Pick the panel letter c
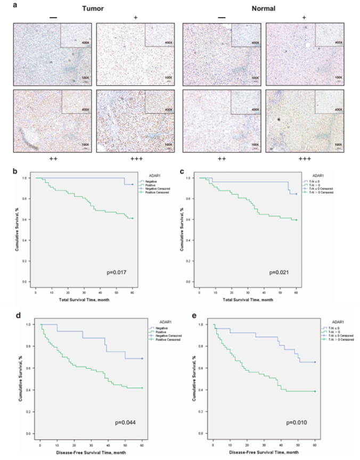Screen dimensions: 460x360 point(183,172)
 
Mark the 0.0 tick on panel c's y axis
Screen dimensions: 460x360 point(194,282)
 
